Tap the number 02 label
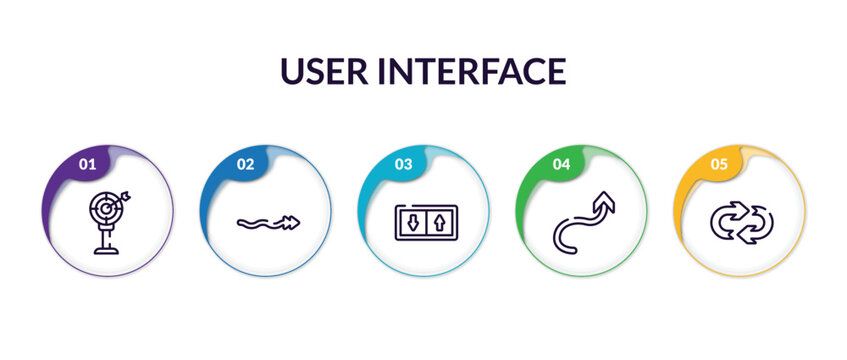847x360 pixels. [x=244, y=164]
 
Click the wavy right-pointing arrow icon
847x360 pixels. [x=264, y=224]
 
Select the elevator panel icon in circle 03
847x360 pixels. [x=423, y=222]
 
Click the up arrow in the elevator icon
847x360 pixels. [x=436, y=222]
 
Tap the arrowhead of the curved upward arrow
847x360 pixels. [x=605, y=201]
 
